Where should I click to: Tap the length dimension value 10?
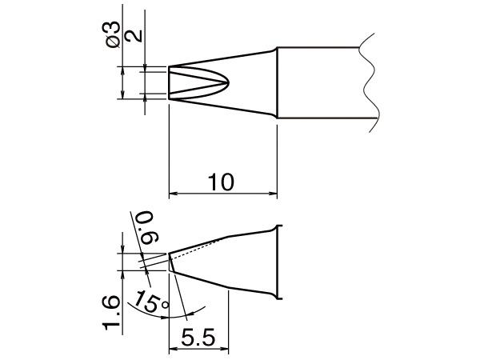222,182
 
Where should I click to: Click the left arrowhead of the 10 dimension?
174,194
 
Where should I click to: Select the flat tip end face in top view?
169,82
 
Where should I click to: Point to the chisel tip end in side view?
170,263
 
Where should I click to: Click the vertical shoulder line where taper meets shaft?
277,83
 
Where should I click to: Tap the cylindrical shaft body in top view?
320,83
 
